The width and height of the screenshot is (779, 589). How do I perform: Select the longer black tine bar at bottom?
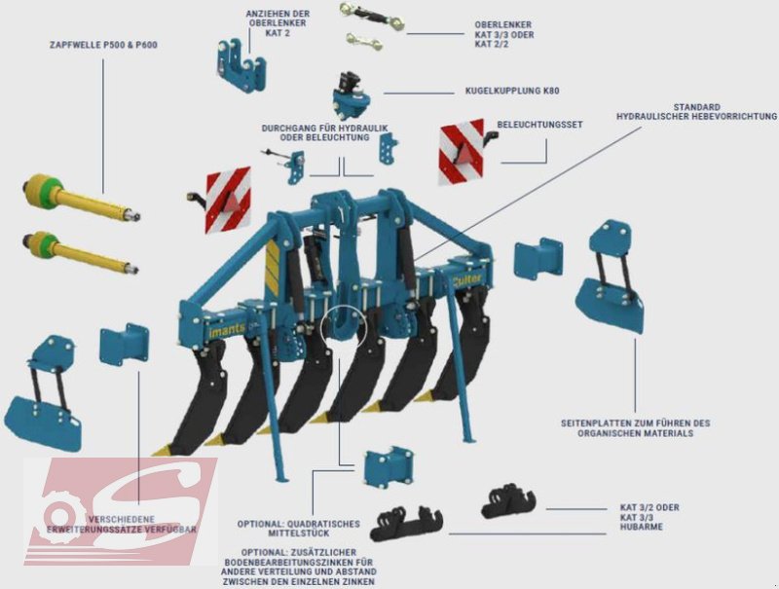click(407, 525)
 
